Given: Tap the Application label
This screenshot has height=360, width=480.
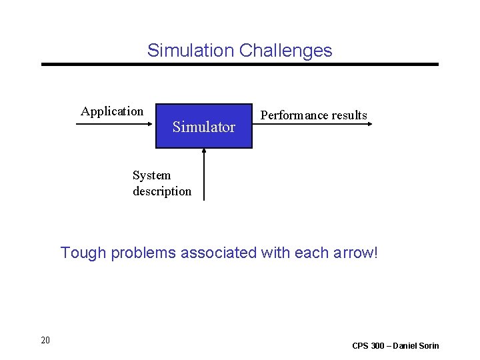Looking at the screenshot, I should (112, 111).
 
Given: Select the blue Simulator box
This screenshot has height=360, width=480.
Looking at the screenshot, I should (203, 126).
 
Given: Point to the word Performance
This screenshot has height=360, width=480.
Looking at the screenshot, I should (294, 115).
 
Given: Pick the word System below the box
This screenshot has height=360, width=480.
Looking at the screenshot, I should (151, 175).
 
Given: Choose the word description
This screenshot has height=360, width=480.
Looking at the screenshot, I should (162, 191).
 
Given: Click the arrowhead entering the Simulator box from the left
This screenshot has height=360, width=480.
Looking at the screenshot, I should (152, 124).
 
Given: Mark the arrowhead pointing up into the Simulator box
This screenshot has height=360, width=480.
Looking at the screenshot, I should (204, 151).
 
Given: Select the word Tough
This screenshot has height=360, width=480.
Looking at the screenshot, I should (84, 253).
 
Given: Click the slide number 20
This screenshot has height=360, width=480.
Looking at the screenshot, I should (45, 341).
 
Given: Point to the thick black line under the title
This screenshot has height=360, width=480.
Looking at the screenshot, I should (240, 64).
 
